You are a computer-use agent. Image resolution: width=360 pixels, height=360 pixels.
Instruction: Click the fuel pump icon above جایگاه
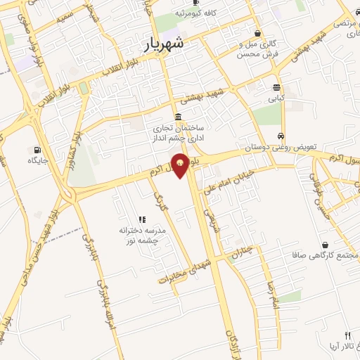click(36, 149)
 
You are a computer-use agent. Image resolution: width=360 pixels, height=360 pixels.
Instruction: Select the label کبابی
click(275, 100)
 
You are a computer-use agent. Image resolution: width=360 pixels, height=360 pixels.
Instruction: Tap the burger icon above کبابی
click(276, 89)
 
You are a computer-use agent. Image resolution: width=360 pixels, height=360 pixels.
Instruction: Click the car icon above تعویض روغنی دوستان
click(281, 136)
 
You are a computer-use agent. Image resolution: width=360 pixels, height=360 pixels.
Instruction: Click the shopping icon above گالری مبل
click(258, 33)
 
